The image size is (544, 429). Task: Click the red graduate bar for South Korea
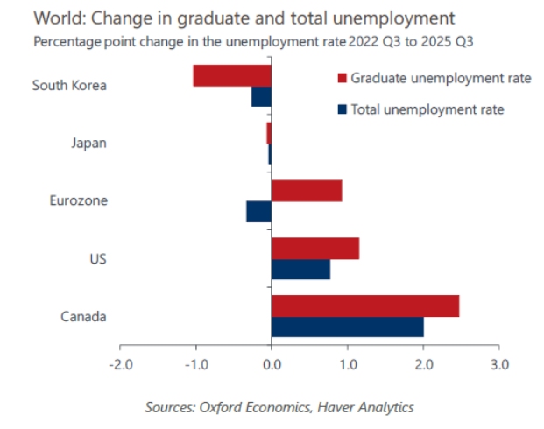[x=232, y=75]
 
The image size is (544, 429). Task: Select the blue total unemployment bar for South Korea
[x=261, y=96]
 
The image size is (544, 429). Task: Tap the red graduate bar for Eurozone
[x=307, y=190]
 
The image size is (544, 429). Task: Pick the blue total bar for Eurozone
[x=259, y=211]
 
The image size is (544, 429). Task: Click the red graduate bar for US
[x=315, y=248]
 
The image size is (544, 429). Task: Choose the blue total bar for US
[x=300, y=269]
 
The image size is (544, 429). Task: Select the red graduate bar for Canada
[x=365, y=306]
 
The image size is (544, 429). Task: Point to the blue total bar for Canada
[x=348, y=327]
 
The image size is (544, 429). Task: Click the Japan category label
[x=88, y=143]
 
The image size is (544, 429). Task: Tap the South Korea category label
[x=69, y=85]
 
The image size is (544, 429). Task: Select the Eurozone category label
[x=79, y=200]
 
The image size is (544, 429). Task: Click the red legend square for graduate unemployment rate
[x=342, y=79]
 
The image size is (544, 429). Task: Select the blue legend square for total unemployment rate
[x=342, y=109]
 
